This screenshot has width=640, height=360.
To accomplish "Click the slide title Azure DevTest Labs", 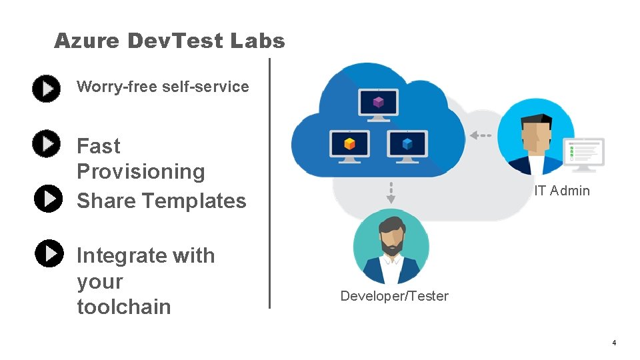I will pyautogui.click(x=169, y=41).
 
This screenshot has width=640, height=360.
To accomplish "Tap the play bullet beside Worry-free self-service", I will pyautogui.click(x=47, y=89).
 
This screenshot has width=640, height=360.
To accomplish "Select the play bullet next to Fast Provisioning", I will pyautogui.click(x=47, y=144).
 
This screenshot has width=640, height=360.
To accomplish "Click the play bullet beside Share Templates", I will pyautogui.click(x=48, y=199).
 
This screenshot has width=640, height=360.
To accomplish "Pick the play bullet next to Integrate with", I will pyautogui.click(x=49, y=253).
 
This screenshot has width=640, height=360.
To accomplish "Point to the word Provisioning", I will pyautogui.click(x=141, y=171).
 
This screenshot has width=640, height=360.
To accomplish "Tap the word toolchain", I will pyautogui.click(x=124, y=307).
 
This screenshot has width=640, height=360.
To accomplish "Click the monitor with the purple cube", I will pyautogui.click(x=379, y=104).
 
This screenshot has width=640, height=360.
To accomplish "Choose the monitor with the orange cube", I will pyautogui.click(x=348, y=144).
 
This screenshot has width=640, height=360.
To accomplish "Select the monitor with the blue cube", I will pyautogui.click(x=407, y=144).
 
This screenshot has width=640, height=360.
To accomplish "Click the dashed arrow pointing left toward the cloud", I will pyautogui.click(x=480, y=135).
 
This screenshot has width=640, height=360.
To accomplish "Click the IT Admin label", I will pyautogui.click(x=561, y=191).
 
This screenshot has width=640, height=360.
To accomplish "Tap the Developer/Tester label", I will pyautogui.click(x=394, y=296).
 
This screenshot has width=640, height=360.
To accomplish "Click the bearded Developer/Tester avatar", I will pyautogui.click(x=391, y=246).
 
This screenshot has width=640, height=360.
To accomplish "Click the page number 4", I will pyautogui.click(x=614, y=343).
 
